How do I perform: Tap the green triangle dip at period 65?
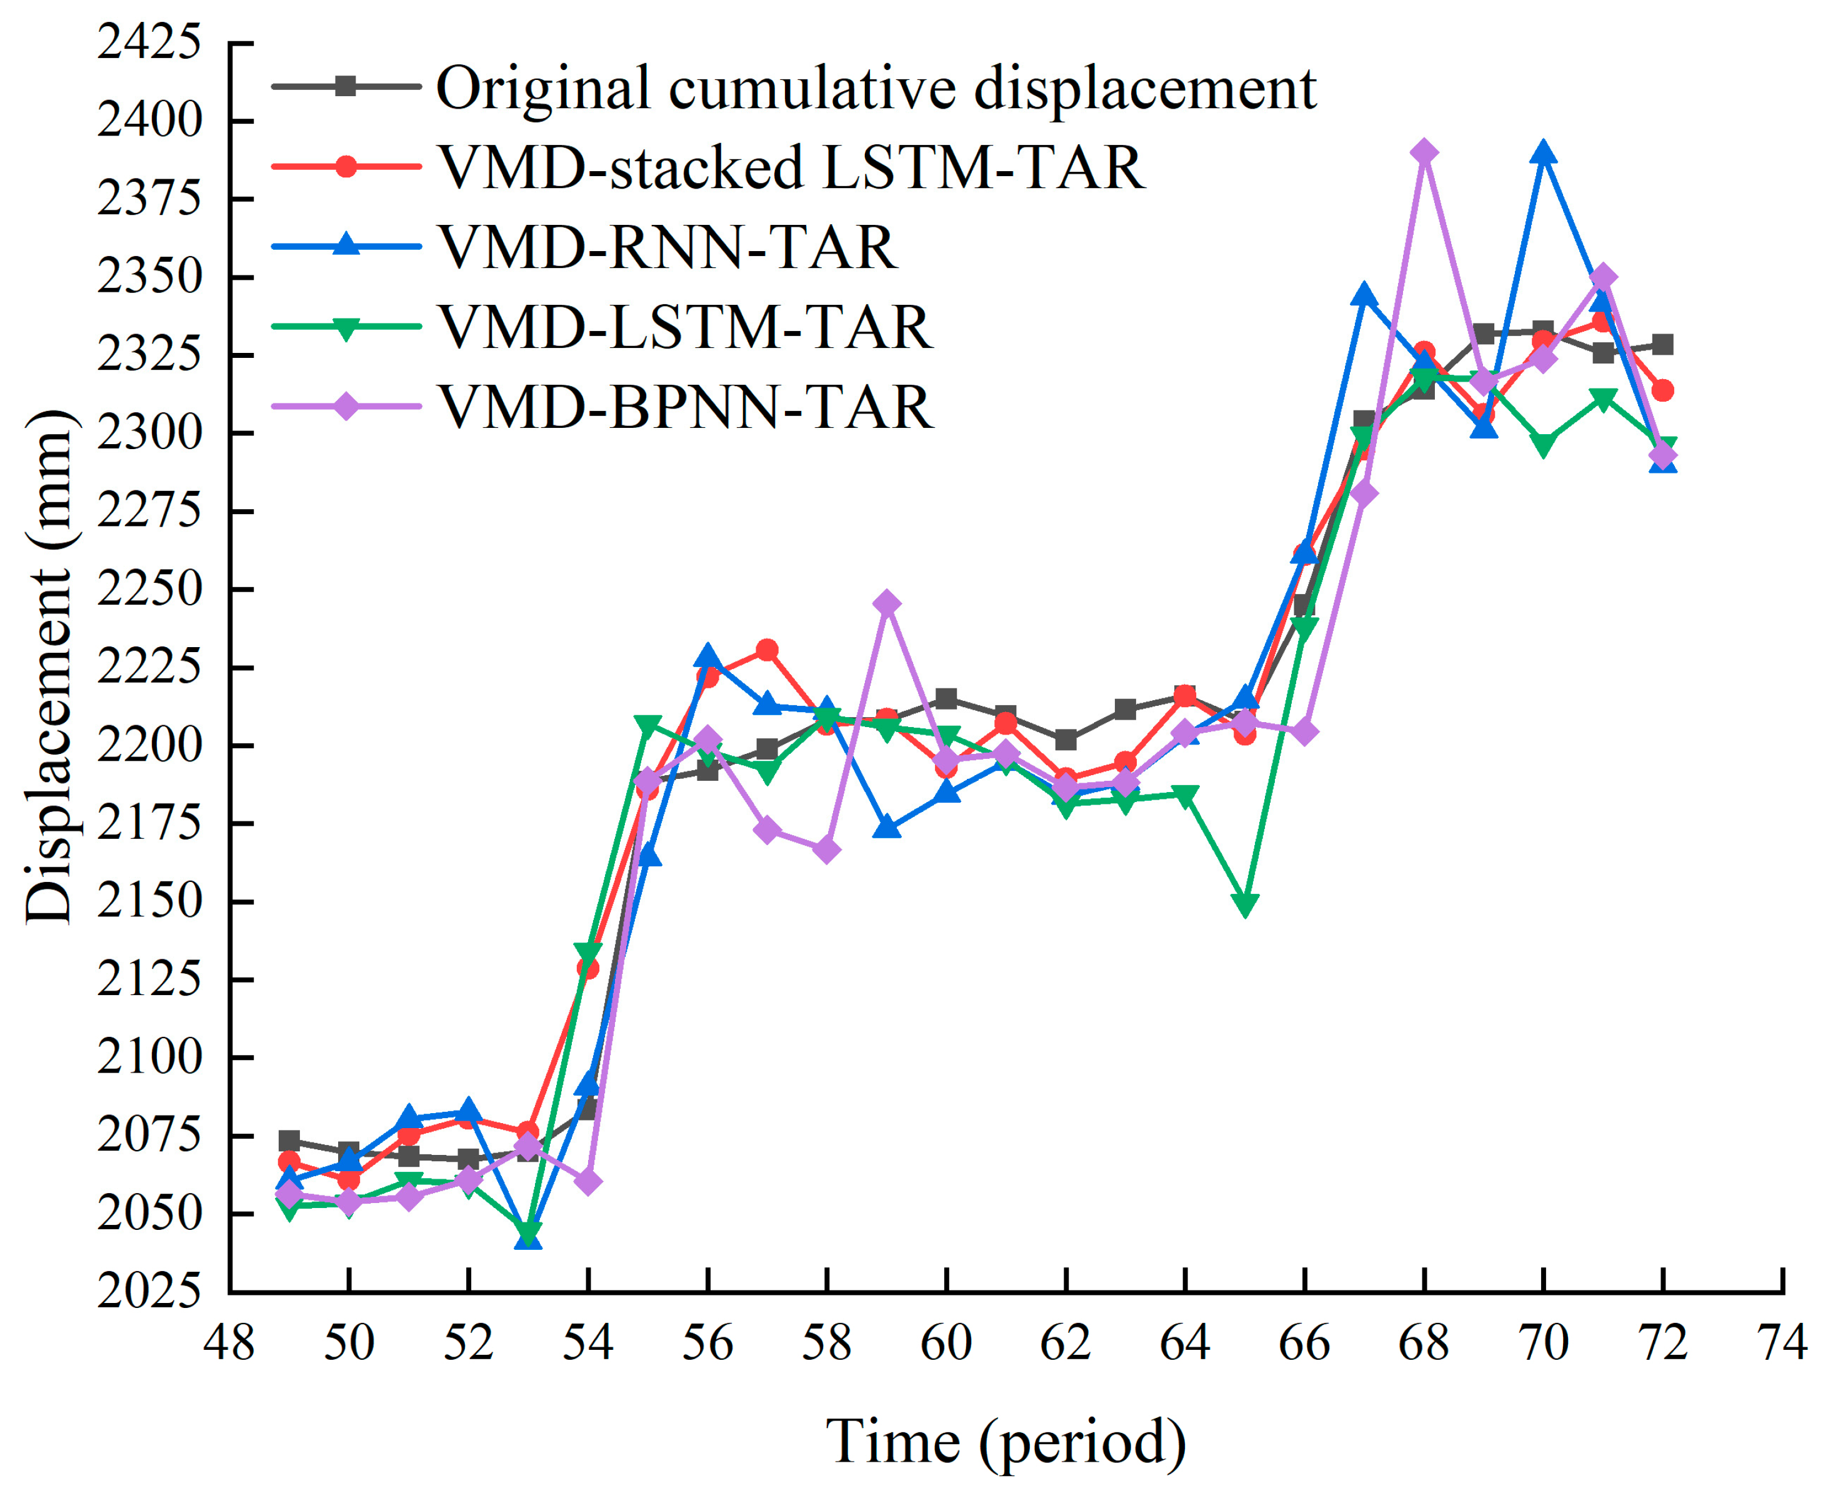[1245, 905]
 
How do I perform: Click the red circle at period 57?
[767, 650]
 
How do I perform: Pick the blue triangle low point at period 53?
[528, 1237]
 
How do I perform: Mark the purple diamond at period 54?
[587, 1182]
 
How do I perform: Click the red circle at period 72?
[1662, 391]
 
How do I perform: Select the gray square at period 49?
[289, 1141]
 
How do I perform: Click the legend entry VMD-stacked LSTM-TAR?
[791, 167]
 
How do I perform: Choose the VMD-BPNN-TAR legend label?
[686, 406]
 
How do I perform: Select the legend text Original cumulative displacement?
[876, 87]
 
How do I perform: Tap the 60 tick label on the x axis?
[946, 1343]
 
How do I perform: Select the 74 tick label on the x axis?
[1782, 1343]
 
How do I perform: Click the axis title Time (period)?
[1005, 1442]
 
